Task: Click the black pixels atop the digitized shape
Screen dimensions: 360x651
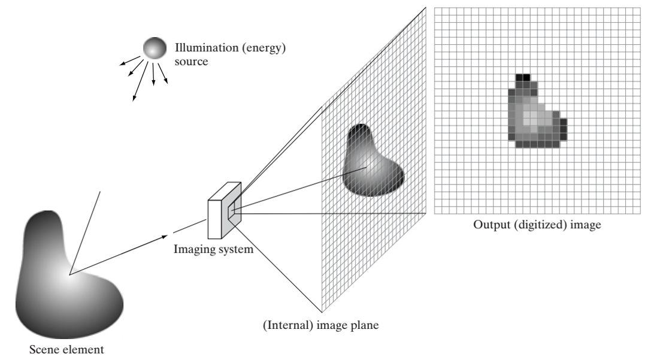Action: (x=523, y=77)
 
